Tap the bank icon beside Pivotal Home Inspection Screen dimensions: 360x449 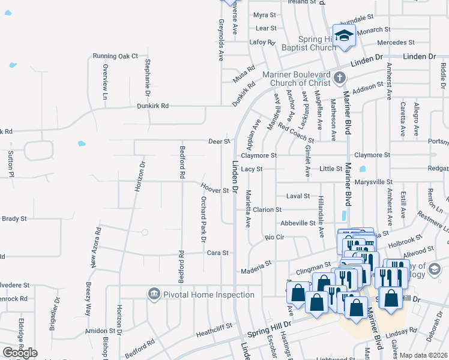(154, 294)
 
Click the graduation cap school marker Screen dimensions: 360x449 (345, 35)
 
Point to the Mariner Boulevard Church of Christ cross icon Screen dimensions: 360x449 (340, 77)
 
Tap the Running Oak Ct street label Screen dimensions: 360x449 (115, 56)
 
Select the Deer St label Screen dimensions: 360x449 (219, 142)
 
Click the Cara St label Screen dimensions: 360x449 (217, 253)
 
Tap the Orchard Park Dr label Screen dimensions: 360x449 (203, 219)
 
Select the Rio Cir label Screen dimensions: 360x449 (274, 237)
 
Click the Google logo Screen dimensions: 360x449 (20, 352)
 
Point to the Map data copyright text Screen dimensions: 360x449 (423, 355)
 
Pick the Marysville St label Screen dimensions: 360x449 (373, 182)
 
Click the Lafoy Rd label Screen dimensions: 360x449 (262, 42)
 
